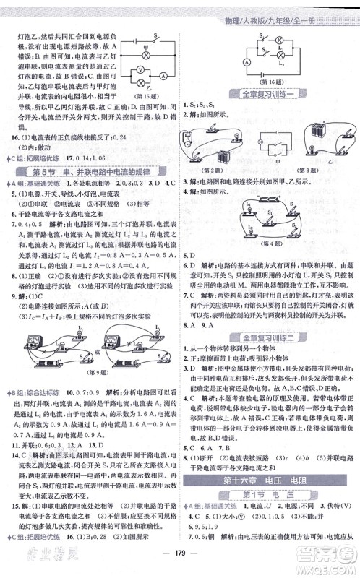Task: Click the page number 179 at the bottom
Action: pyautogui.click(x=180, y=565)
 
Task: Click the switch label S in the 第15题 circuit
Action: pyautogui.click(x=155, y=34)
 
